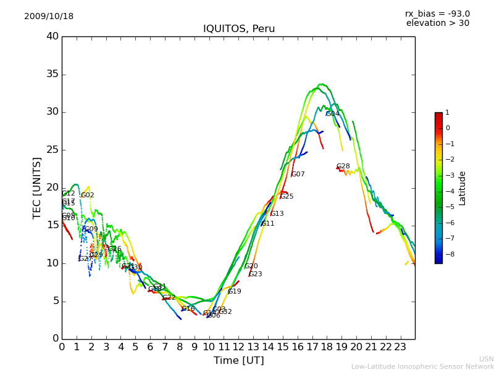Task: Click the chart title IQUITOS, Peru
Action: point(239,29)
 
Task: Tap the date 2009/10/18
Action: point(49,17)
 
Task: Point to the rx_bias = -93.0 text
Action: point(437,14)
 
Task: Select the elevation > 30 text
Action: point(437,23)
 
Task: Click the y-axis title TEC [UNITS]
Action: point(37,187)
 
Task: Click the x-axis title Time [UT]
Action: point(238,360)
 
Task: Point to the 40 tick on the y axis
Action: point(52,36)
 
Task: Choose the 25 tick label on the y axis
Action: point(52,150)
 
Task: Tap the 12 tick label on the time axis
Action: point(238,347)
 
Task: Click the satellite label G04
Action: point(332,114)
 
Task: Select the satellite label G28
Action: point(343,166)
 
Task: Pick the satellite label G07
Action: point(298,175)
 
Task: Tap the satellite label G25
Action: point(287,197)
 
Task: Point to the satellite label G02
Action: point(88,195)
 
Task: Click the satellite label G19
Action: point(235,292)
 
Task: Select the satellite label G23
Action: point(256,274)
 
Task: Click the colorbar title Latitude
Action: point(462,188)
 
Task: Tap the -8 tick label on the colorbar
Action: point(448,253)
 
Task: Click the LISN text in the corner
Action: point(486,359)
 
